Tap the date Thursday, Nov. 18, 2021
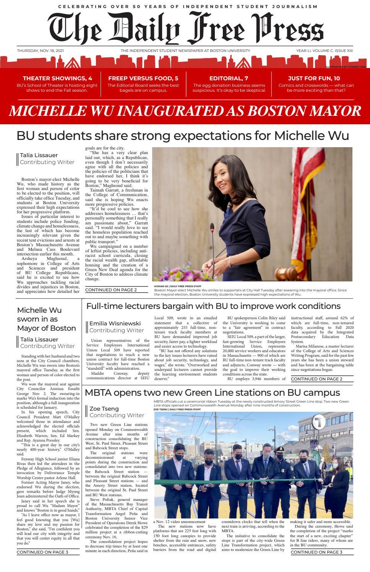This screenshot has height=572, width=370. (x=40, y=51)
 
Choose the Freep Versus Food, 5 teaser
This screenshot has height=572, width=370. (x=143, y=78)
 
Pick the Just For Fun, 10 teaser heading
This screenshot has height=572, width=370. (x=316, y=78)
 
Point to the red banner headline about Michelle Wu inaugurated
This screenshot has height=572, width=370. (x=185, y=111)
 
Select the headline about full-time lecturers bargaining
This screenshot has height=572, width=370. (x=213, y=306)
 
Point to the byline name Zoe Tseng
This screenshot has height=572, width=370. (x=104, y=409)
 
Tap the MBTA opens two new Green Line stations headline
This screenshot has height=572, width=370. (x=212, y=393)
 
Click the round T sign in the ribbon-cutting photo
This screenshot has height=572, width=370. (x=318, y=423)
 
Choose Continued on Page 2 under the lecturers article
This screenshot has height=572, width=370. (x=316, y=379)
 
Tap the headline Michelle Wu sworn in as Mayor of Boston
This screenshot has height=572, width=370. (x=46, y=319)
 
